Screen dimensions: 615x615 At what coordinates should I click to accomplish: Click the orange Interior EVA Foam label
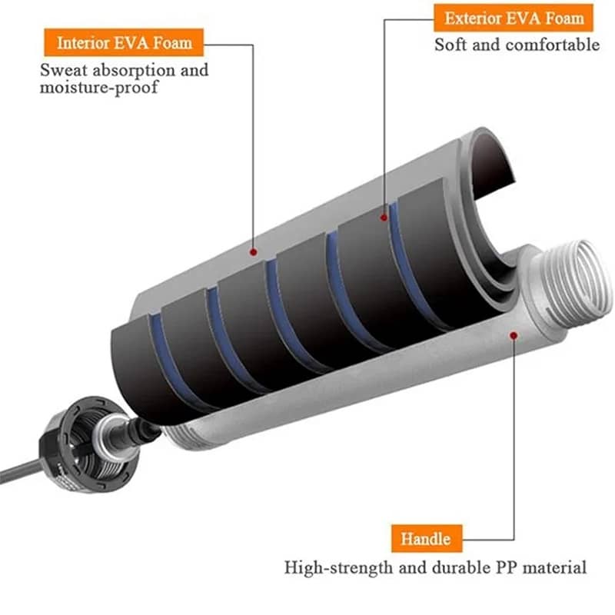[124, 42]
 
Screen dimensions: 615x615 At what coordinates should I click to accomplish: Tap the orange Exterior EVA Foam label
[514, 17]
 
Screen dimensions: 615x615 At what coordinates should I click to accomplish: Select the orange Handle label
[425, 538]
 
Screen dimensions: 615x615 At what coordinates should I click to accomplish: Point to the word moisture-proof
[101, 87]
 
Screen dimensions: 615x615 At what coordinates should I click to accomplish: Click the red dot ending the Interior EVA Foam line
[253, 251]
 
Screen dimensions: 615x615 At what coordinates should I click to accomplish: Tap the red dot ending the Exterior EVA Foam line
[383, 218]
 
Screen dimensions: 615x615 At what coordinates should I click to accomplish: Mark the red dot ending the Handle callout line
[514, 334]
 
